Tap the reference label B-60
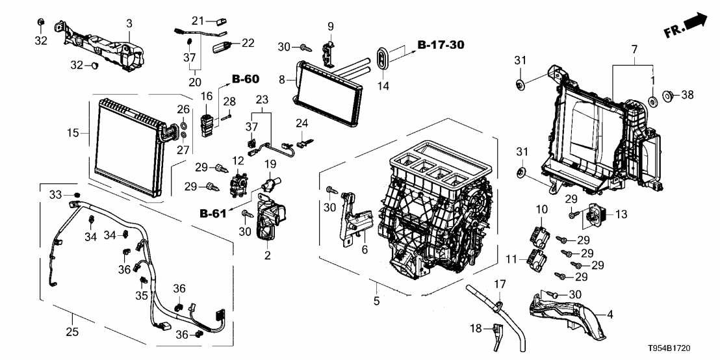pyautogui.click(x=246, y=79)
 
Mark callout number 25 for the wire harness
pyautogui.click(x=72, y=332)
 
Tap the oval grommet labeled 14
pyautogui.click(x=383, y=57)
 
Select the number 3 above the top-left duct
pyautogui.click(x=129, y=24)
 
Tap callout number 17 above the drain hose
pyautogui.click(x=498, y=284)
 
